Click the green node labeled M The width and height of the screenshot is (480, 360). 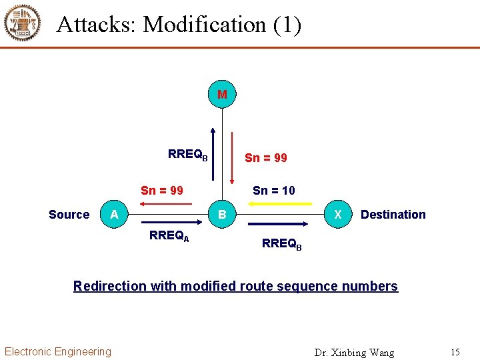tap(222, 95)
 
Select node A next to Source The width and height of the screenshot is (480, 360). tap(115, 214)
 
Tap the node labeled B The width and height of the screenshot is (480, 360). tap(222, 215)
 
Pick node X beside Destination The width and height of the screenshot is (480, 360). tap(338, 214)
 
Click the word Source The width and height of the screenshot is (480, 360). tap(69, 215)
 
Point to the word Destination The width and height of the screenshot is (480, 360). tap(393, 215)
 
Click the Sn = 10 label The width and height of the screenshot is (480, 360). tap(273, 191)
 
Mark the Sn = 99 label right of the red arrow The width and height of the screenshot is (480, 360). tap(266, 158)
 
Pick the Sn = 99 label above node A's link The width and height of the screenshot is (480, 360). tap(162, 191)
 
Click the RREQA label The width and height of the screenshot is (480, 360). tap(169, 235)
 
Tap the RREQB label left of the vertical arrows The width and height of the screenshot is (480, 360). tap(187, 155)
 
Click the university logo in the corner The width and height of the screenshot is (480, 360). tap(23, 23)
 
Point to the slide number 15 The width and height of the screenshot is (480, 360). tap(455, 352)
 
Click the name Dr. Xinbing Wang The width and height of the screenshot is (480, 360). tap(354, 352)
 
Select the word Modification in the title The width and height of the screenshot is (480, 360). tap(205, 25)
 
